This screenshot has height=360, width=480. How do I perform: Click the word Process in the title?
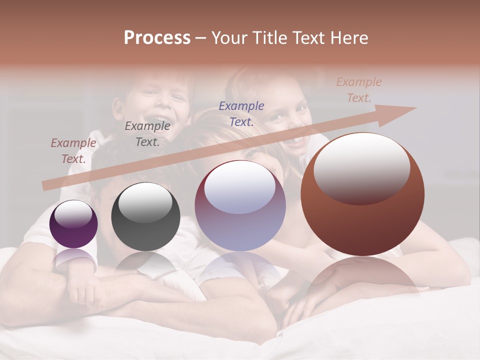click(157, 37)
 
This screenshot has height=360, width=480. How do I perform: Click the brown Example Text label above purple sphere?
click(73, 150)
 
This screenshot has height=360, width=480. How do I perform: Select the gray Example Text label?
click(147, 134)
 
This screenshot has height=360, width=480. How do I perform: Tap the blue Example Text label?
click(241, 113)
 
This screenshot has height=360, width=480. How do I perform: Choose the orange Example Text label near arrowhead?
click(359, 90)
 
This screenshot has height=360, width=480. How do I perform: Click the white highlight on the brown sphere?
click(362, 167)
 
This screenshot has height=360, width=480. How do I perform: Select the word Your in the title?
click(230, 37)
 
